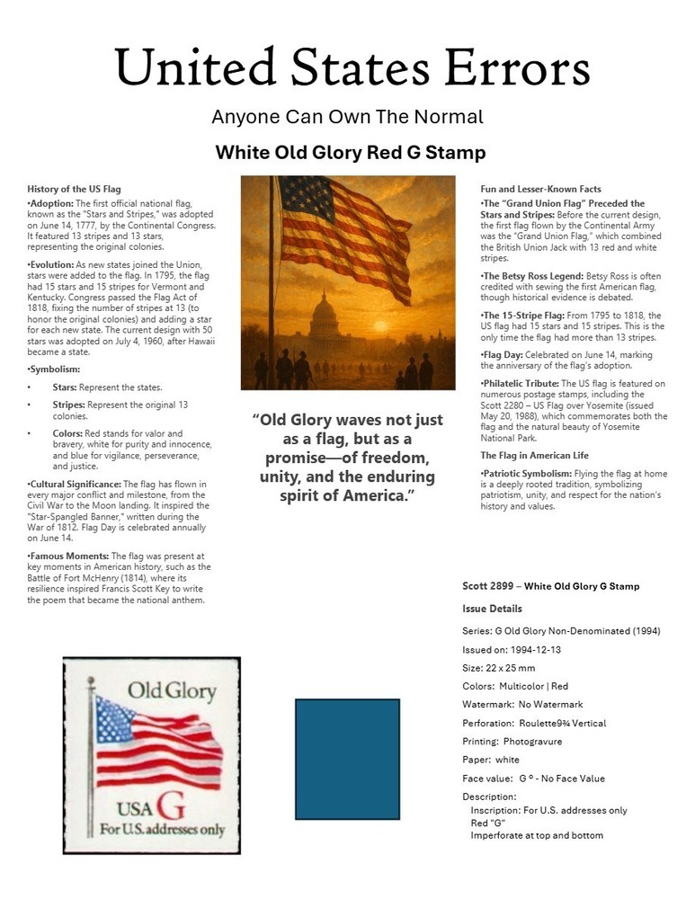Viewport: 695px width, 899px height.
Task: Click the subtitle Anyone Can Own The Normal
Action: [x=347, y=117]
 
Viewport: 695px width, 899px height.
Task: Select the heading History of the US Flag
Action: [x=74, y=189]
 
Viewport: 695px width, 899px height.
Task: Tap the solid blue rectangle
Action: [x=347, y=760]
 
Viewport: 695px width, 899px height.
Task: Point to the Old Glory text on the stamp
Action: [x=171, y=690]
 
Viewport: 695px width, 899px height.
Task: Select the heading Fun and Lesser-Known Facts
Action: [x=540, y=189]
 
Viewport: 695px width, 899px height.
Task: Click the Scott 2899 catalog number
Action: [x=489, y=586]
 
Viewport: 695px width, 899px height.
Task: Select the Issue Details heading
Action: [x=492, y=609]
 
